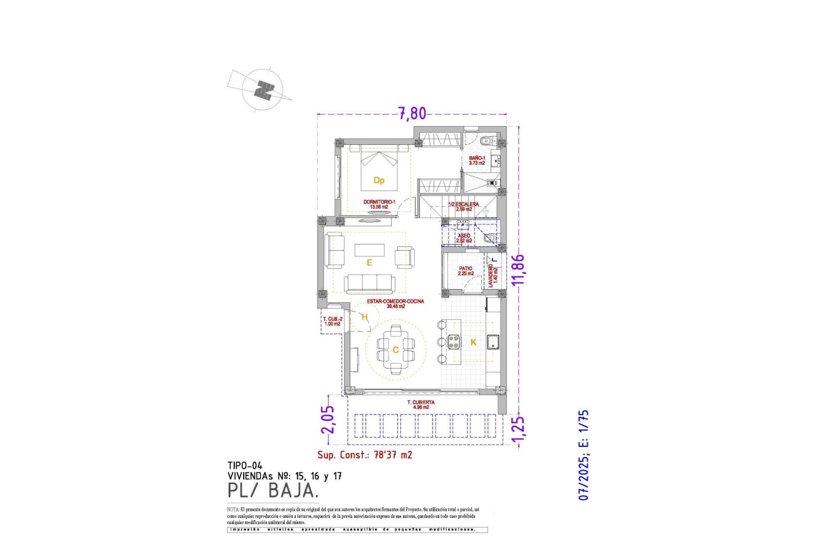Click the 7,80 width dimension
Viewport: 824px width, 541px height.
[412, 113]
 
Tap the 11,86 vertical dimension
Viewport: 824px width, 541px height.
[517, 270]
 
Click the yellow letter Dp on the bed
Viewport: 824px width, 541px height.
[378, 181]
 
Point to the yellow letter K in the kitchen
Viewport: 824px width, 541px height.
[473, 342]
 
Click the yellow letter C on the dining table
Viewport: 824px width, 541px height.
[395, 350]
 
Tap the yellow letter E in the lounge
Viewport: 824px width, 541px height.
[370, 263]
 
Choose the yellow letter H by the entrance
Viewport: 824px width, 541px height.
[363, 317]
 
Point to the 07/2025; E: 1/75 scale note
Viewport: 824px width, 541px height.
[585, 454]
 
